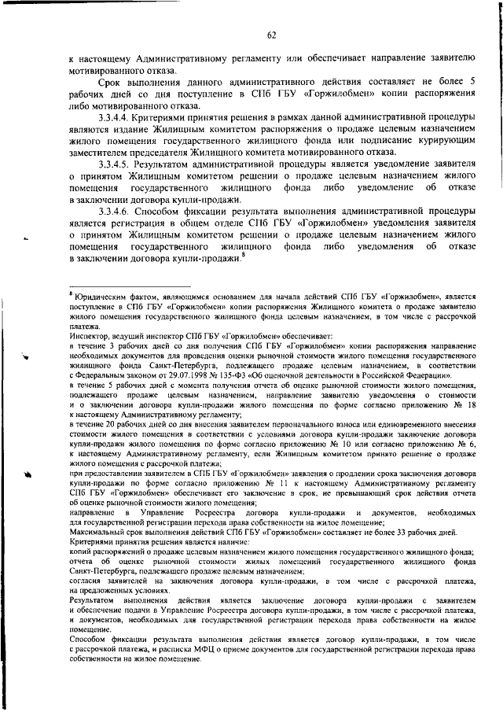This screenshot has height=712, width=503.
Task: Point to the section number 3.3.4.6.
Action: pyautogui.click(x=116, y=212)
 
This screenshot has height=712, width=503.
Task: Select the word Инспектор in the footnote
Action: pyautogui.click(x=90, y=333)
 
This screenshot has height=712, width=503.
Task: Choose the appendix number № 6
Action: pyautogui.click(x=467, y=443)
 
